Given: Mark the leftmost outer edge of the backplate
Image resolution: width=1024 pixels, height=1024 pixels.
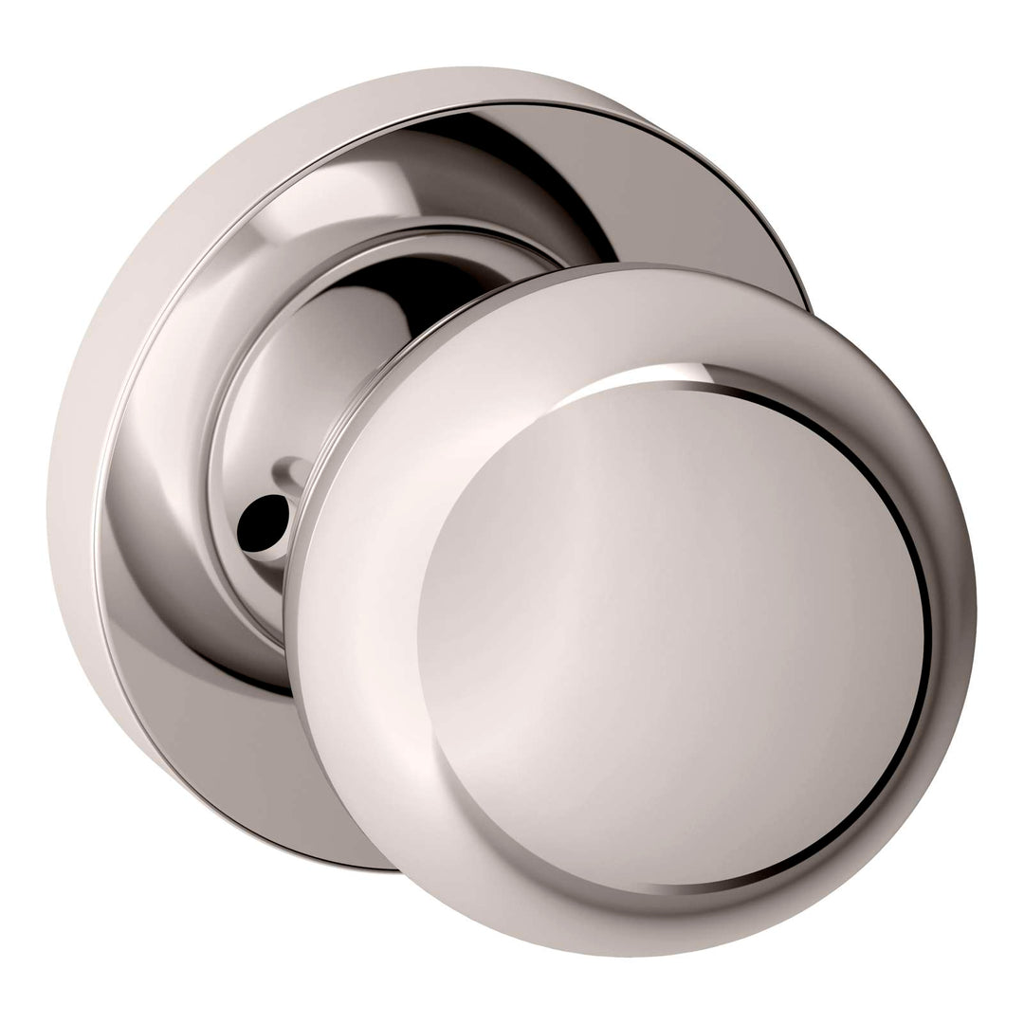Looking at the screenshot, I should pyautogui.click(x=53, y=493).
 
